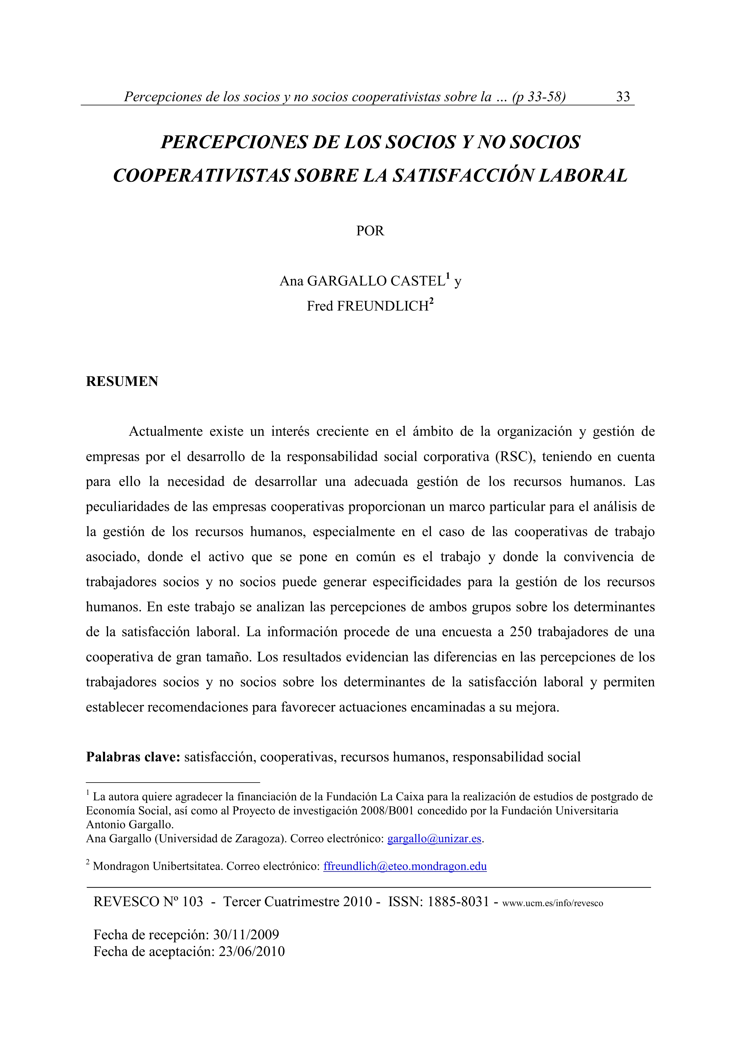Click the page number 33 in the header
[x=623, y=97]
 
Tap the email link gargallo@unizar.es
[x=434, y=839]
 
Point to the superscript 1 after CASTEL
[x=448, y=276]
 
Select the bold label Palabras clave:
[x=133, y=757]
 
